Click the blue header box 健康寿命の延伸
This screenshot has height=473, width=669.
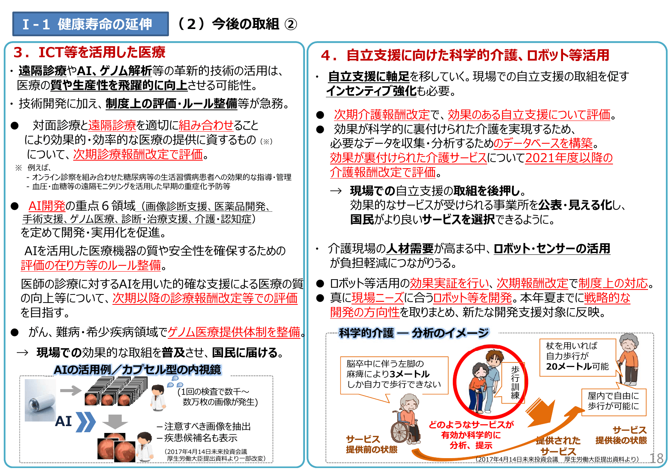[90, 24]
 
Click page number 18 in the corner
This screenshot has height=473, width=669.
[656, 458]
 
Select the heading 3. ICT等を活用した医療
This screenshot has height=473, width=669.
[90, 52]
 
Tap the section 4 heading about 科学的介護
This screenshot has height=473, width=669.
[465, 55]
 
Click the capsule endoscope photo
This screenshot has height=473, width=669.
[40, 400]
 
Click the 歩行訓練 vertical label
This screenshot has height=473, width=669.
[515, 382]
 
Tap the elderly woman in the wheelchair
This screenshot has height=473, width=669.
[407, 420]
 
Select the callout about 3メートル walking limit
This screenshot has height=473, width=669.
[394, 374]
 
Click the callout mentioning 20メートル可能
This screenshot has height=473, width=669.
[577, 357]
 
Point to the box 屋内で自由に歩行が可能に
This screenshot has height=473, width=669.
[613, 401]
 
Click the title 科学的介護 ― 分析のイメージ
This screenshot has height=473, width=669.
[414, 333]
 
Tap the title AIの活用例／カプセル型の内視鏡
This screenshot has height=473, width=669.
[137, 370]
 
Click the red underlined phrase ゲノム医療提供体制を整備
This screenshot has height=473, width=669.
[234, 332]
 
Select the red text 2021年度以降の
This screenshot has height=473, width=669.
[569, 158]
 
